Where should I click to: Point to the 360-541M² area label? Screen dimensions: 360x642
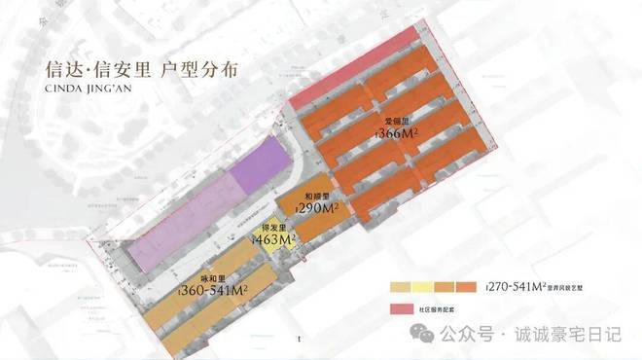[x=216, y=290]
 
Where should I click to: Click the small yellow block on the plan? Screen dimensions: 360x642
[x=266, y=244]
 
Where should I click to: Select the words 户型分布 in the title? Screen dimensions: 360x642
[x=202, y=71]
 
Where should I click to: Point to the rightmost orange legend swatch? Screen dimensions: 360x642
[x=469, y=288]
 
